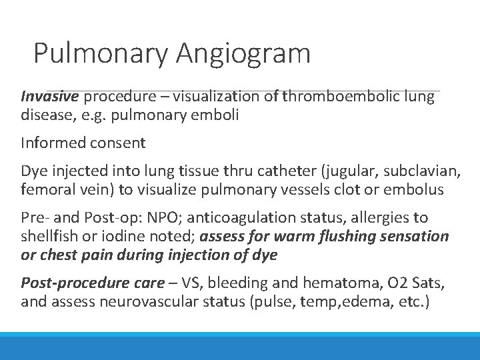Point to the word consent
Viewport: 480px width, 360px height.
coord(117,142)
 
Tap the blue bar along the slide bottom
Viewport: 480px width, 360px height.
coord(240,346)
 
